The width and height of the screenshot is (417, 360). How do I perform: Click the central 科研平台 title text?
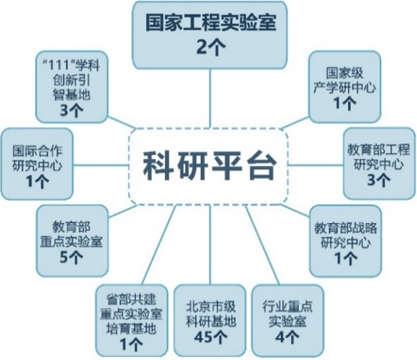tap(209, 167)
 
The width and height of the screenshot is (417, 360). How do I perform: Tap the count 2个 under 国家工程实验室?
tap(210, 48)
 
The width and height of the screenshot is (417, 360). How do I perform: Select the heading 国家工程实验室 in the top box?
tap(210, 23)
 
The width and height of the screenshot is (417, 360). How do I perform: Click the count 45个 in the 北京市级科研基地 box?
tap(210, 337)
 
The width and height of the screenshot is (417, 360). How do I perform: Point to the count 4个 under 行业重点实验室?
tap(287, 337)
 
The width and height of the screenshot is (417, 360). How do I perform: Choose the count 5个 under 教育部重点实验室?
tap(71, 257)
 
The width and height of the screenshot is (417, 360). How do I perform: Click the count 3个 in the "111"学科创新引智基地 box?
tap(71, 110)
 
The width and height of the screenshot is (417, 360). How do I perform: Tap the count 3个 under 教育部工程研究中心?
tap(379, 180)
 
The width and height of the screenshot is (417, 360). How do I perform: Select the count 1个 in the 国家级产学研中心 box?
tap(345, 103)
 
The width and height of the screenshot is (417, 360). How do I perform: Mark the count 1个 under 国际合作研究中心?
tap(37, 181)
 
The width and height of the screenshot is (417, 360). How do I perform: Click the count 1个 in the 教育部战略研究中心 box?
tap(345, 258)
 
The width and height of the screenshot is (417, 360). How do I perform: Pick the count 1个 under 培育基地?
tap(131, 344)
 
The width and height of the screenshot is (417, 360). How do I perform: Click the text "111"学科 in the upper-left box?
tap(71, 65)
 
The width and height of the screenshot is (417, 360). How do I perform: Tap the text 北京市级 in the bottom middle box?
tap(210, 306)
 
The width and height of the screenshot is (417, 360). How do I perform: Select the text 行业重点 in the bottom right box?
tap(287, 306)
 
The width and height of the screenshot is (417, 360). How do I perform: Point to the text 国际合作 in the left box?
tap(37, 151)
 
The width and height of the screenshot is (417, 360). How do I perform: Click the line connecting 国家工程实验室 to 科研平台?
tap(210, 98)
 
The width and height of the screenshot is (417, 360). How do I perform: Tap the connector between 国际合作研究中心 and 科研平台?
tap(101, 165)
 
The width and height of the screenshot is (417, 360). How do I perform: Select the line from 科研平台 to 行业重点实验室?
tap(262, 245)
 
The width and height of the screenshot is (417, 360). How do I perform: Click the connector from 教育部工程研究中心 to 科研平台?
tap(315, 164)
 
